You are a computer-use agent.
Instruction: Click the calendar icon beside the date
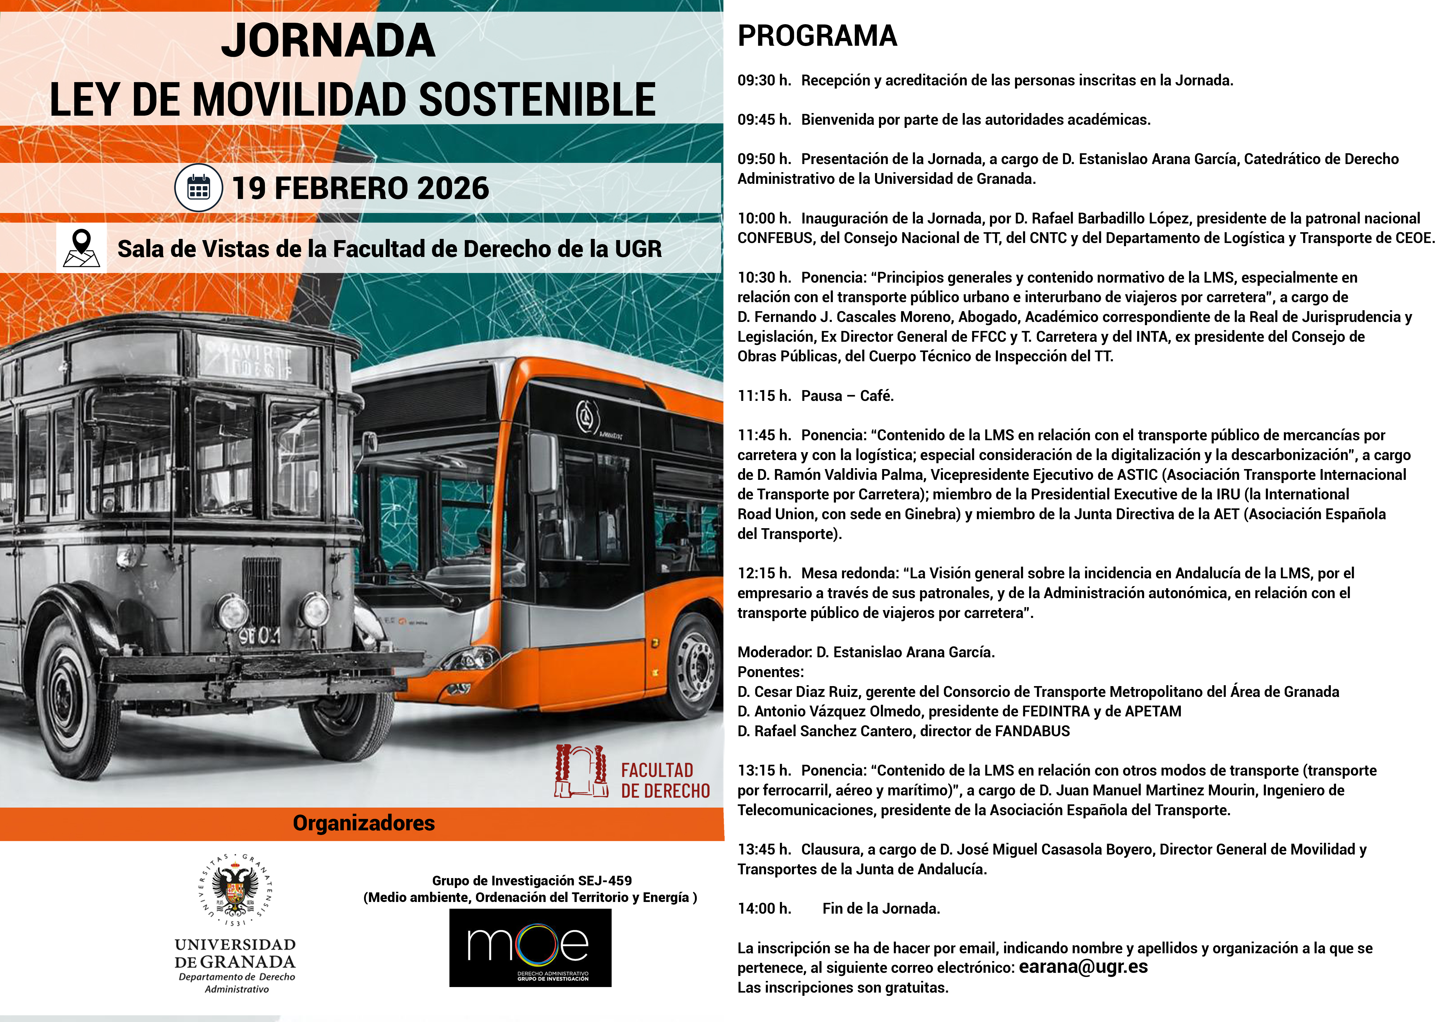[x=198, y=188]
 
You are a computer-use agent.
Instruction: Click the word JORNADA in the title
[x=328, y=41]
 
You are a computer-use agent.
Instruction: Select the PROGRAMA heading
[x=817, y=36]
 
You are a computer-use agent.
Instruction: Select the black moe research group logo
[x=530, y=947]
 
